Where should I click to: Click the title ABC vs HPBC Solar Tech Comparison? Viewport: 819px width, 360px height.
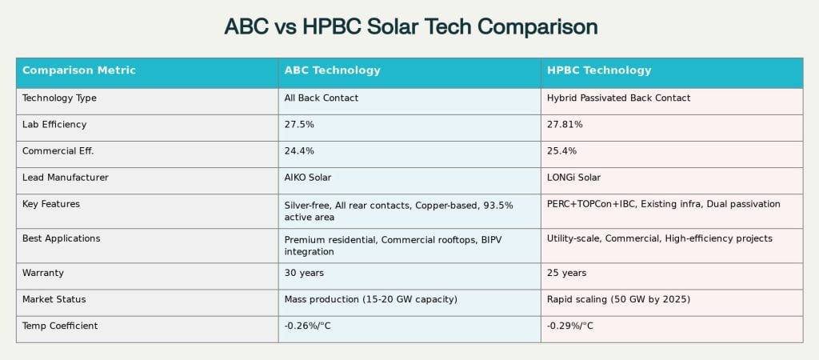pos(410,26)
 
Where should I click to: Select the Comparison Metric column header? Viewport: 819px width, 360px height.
pos(79,70)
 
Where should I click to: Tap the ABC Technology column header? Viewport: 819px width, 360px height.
pos(333,70)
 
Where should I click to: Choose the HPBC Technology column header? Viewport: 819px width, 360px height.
pos(599,70)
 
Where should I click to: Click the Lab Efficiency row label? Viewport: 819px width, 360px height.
pos(54,125)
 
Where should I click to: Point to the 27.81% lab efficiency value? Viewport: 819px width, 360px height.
pos(565,125)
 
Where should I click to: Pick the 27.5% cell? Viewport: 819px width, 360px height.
pos(299,125)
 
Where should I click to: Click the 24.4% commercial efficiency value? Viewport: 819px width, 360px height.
pos(299,151)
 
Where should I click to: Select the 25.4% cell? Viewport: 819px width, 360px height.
pos(561,151)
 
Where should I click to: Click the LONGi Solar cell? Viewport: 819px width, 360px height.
pos(573,178)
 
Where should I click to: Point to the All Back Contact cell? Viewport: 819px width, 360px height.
pos(322,98)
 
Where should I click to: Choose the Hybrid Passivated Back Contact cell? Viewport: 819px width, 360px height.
pos(618,98)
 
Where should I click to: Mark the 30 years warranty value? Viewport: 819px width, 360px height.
pos(304,273)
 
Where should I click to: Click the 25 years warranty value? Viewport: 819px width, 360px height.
pos(566,273)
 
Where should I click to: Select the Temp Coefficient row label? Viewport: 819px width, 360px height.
pos(60,326)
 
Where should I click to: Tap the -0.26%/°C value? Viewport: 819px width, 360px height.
pos(308,326)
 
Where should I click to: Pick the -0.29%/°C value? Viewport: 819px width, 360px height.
pos(570,326)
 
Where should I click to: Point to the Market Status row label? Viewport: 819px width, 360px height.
pos(54,299)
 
